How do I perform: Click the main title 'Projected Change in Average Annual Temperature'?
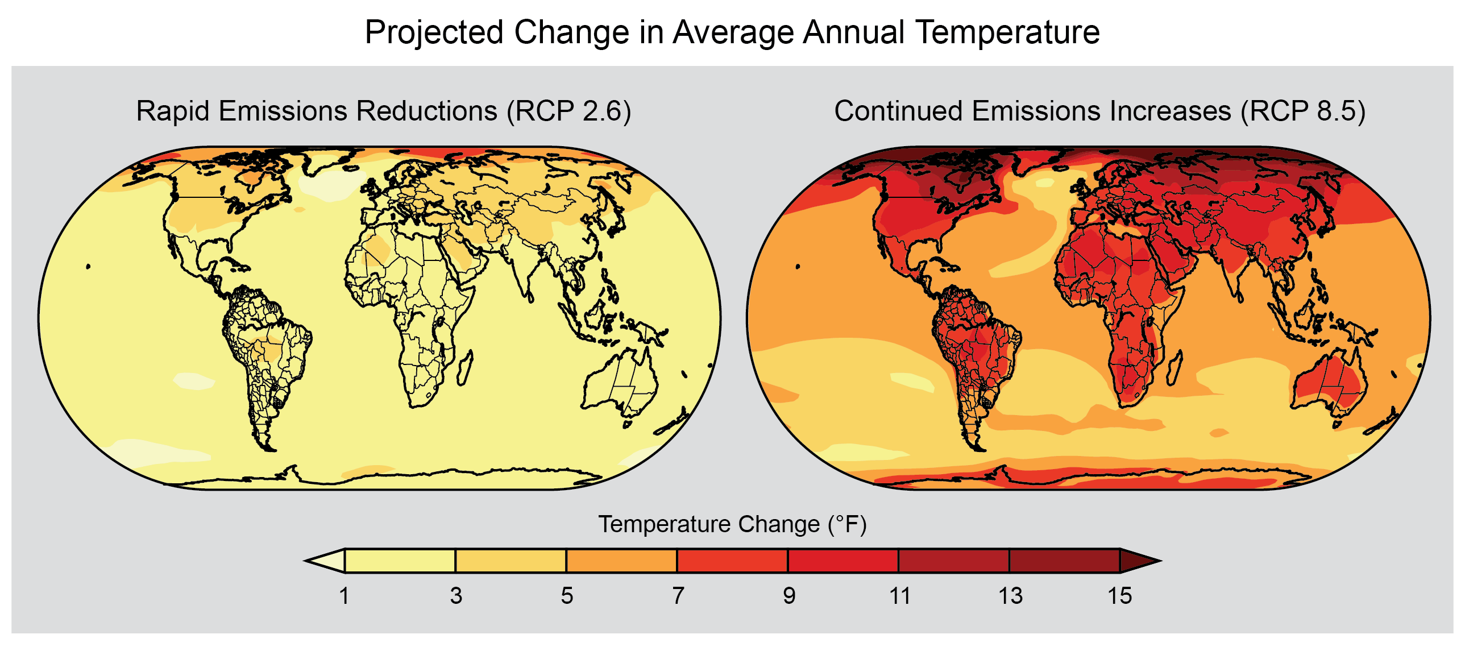732,32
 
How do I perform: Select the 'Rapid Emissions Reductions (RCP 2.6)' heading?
383,111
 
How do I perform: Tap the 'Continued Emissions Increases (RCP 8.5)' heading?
1099,111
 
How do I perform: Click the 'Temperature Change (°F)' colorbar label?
732,524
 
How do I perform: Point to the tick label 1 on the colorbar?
344,596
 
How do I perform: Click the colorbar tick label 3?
455,596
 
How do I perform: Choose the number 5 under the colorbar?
566,596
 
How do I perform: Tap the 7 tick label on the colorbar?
677,596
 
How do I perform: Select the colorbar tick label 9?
788,596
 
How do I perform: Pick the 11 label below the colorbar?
899,596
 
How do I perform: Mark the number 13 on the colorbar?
1010,596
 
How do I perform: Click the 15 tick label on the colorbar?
1120,596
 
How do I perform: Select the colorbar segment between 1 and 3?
400,561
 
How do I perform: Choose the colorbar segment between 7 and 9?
732,561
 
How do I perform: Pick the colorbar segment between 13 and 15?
1065,561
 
